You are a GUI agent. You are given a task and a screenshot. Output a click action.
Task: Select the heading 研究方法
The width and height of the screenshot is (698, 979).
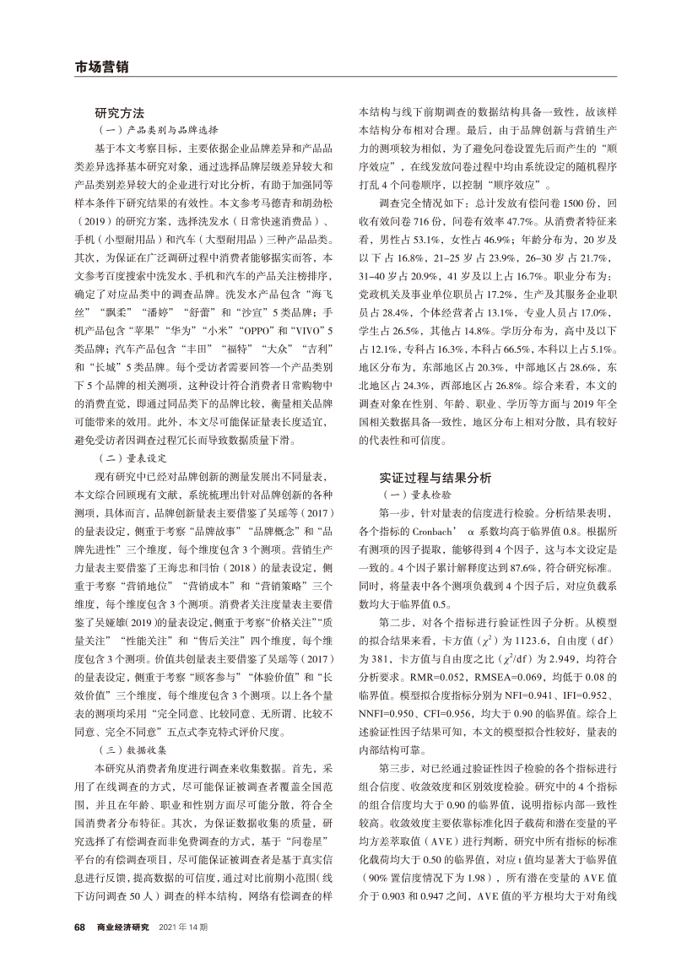[x=120, y=112]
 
